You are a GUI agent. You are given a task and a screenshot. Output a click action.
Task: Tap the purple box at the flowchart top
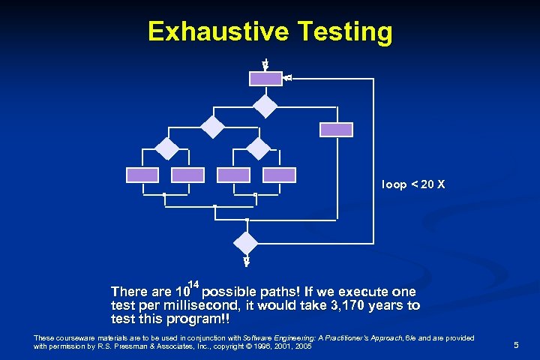click(265, 78)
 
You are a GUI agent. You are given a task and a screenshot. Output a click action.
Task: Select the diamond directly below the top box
click(265, 106)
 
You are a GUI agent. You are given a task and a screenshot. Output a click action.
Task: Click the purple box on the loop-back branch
click(336, 129)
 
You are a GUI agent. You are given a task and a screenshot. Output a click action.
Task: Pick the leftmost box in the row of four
click(142, 175)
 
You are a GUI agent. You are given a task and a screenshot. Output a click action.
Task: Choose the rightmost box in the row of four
click(280, 175)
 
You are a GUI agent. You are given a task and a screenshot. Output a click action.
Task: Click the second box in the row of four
click(187, 175)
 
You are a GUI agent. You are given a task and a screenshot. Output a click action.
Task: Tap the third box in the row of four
click(233, 175)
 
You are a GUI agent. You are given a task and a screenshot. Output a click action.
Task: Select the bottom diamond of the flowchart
click(246, 241)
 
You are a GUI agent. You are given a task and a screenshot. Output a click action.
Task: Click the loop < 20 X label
click(413, 184)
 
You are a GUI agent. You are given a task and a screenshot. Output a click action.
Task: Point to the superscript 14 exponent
click(193, 283)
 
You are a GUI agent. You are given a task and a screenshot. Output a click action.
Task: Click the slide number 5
click(516, 345)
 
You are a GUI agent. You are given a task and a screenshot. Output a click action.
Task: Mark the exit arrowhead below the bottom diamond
click(246, 262)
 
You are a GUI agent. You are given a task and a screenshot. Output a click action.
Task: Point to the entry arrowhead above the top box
click(265, 66)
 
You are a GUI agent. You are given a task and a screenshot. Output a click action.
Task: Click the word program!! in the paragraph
click(199, 319)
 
